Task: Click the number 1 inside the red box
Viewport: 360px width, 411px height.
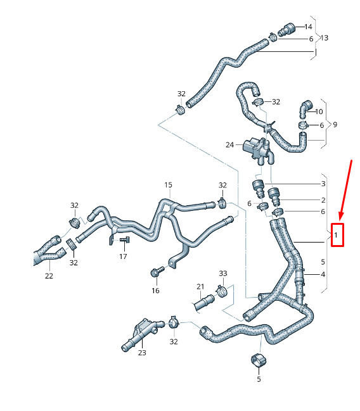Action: click(x=336, y=235)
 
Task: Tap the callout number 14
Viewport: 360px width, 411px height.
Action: click(x=308, y=27)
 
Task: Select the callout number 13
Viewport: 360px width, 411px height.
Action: click(x=324, y=38)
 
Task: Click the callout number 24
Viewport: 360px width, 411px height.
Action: click(x=229, y=144)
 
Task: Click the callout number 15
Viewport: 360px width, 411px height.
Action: click(x=168, y=185)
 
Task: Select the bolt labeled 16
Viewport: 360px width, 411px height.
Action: click(x=157, y=272)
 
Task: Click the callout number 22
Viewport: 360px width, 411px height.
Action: click(x=49, y=275)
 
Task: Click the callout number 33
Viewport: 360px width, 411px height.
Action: click(x=223, y=274)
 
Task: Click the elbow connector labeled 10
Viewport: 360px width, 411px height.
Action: click(x=304, y=108)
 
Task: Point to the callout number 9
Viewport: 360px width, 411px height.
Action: click(x=335, y=124)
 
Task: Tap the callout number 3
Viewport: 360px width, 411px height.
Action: click(x=323, y=184)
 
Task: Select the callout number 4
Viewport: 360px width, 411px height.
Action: click(x=323, y=274)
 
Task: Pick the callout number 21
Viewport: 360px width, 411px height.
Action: click(x=200, y=287)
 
